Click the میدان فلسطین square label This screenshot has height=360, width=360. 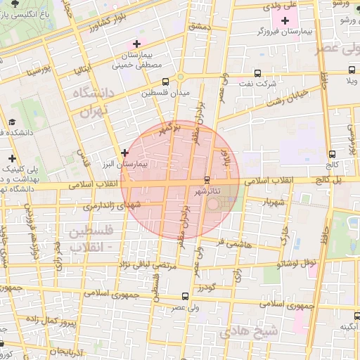[x=162, y=93]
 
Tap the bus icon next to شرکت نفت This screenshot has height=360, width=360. [x=257, y=72]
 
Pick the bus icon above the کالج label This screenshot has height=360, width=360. [x=332, y=154]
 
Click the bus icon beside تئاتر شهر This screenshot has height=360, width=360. [x=206, y=180]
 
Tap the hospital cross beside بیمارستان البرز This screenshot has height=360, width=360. [x=124, y=152]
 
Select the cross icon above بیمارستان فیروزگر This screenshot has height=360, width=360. [x=285, y=21]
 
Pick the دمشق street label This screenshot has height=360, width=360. [x=200, y=25]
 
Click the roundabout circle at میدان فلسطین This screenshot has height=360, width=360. [x=181, y=77]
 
